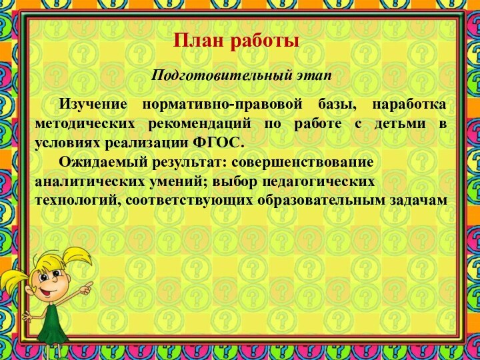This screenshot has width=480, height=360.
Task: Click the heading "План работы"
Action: [x=236, y=41]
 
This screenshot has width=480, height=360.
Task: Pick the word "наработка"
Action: [x=409, y=105]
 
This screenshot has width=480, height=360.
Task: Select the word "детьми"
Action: [x=391, y=125]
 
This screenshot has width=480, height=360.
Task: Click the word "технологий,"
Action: [x=77, y=201]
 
